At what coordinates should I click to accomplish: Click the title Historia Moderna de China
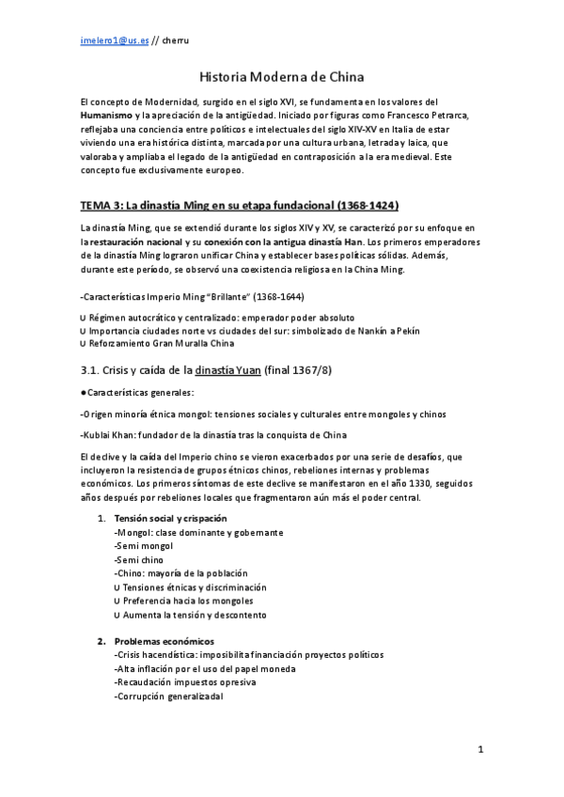282,77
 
